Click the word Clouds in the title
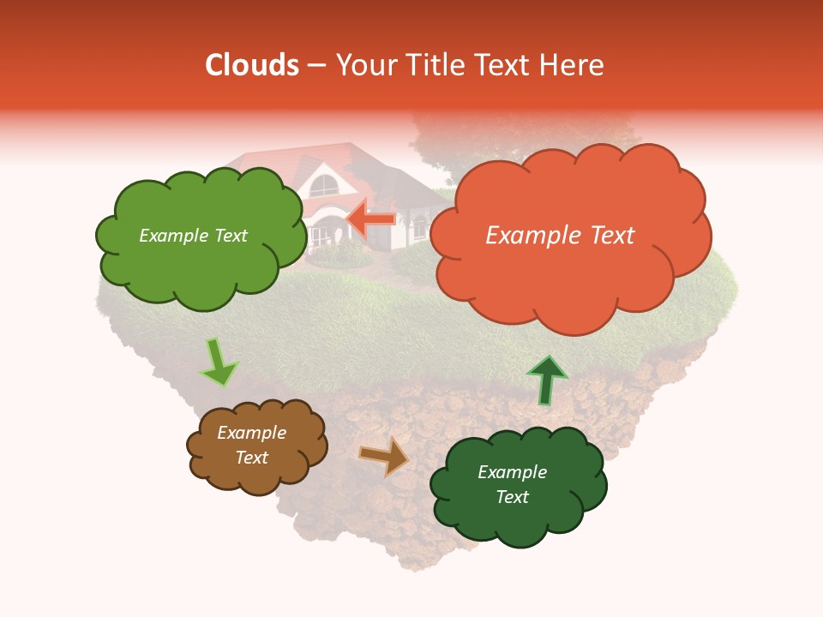251,65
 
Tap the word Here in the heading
574,65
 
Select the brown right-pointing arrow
383,456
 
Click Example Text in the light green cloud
193,236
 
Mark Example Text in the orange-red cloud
560,236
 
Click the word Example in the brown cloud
251,433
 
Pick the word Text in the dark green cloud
512,497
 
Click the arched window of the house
323,184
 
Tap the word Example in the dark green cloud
512,472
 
